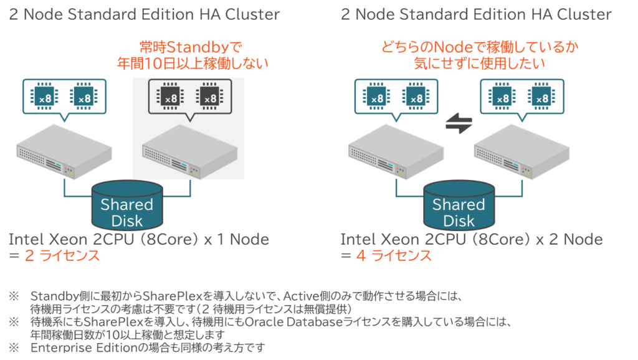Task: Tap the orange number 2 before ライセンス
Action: coord(28,256)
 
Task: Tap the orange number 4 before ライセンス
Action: coord(360,256)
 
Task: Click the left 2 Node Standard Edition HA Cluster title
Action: coord(144,14)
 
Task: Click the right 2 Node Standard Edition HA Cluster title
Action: coord(476,14)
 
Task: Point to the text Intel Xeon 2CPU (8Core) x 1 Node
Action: coord(139,239)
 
